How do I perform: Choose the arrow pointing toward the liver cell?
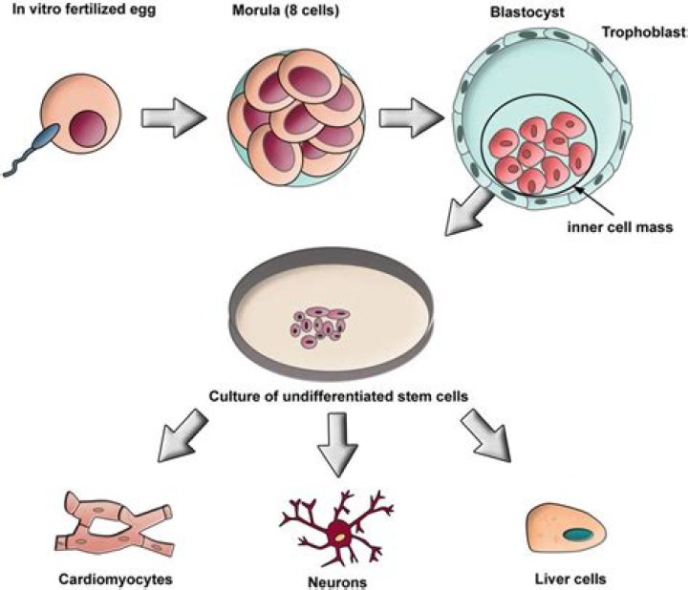tap(486, 434)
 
